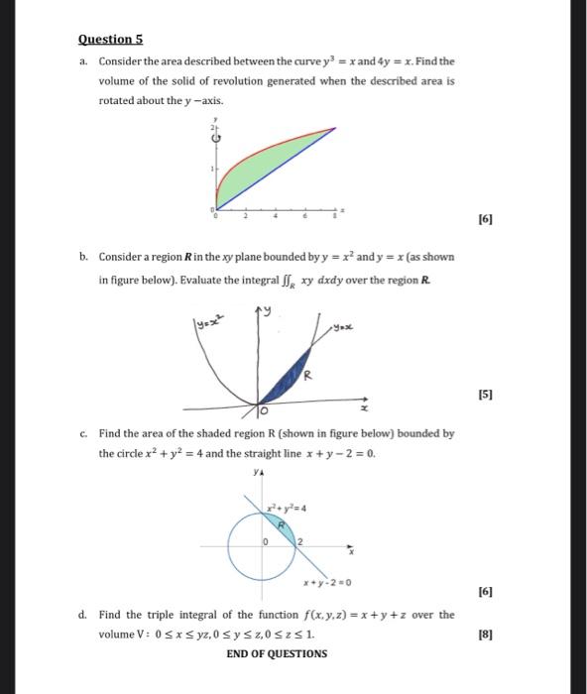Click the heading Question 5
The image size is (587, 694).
111,39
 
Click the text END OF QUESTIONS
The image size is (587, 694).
277,653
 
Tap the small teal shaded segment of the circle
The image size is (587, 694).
284,522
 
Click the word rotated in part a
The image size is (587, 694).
118,101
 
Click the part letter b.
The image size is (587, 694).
84,257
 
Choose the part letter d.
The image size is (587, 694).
84,615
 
